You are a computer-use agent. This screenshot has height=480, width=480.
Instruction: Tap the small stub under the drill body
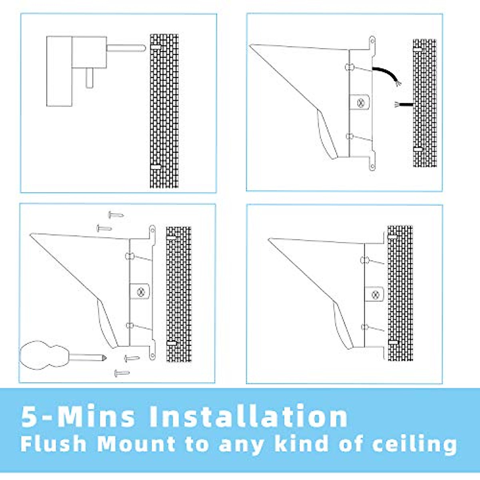click(x=90, y=78)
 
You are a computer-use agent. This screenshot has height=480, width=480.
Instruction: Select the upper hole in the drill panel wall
click(x=156, y=47)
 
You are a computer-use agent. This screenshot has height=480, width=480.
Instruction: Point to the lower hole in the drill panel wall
click(x=156, y=166)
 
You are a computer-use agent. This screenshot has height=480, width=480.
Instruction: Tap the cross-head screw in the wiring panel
click(x=361, y=102)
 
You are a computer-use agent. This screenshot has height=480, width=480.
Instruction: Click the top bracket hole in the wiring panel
click(x=372, y=41)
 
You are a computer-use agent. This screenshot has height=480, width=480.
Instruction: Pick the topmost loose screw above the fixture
click(x=116, y=215)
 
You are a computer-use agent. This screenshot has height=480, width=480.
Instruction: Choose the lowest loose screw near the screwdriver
click(x=122, y=373)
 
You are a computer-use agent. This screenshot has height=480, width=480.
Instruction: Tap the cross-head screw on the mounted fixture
click(x=375, y=295)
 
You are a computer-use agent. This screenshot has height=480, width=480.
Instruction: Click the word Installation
click(x=248, y=416)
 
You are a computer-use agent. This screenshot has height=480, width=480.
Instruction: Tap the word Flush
click(x=53, y=444)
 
